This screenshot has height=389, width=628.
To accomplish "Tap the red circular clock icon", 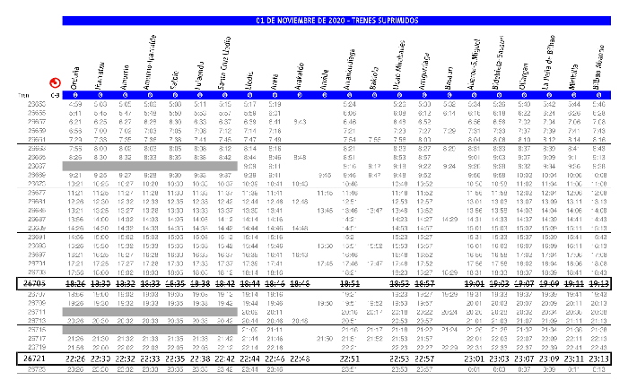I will coord(55,82).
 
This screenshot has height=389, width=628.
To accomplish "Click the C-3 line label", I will coord(56,94).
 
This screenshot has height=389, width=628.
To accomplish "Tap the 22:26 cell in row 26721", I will coord(76,359).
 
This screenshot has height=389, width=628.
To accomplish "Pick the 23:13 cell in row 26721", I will coord(598,359).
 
